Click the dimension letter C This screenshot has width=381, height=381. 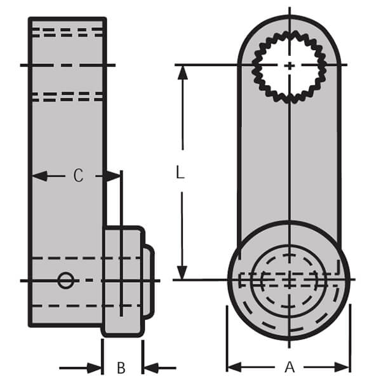77,176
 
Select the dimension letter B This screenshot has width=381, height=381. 121,367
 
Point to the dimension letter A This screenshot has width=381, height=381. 290,367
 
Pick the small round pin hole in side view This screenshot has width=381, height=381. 65,280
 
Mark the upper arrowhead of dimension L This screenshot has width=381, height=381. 183,71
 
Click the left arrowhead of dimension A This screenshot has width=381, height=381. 234,367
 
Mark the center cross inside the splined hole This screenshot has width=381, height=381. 290,65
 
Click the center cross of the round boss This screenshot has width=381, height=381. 290,279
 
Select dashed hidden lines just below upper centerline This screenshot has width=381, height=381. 67,97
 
